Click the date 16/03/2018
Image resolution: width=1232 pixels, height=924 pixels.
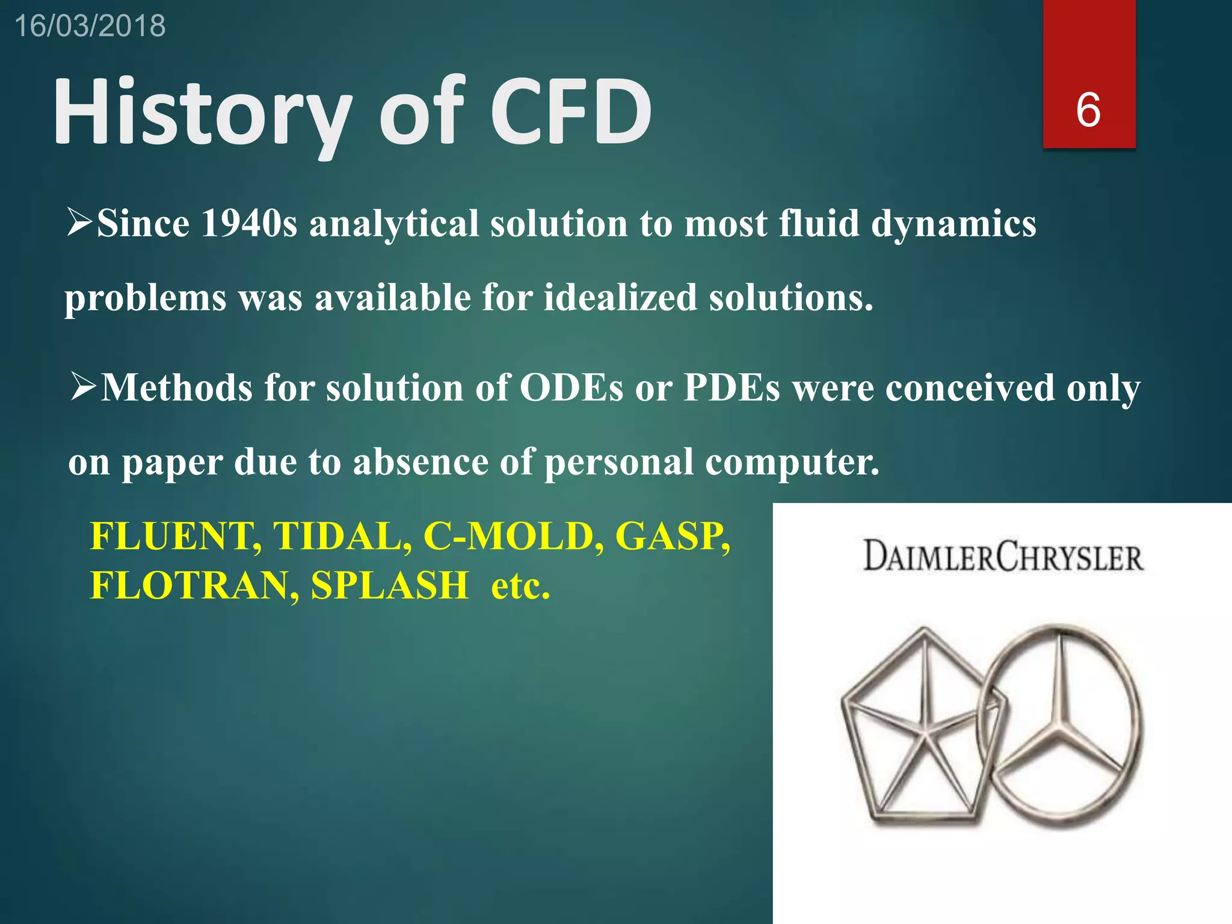tap(90, 26)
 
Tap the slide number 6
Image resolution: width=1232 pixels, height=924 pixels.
tap(1088, 110)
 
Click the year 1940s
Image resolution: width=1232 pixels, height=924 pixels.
tap(248, 224)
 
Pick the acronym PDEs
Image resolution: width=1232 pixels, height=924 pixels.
tap(731, 387)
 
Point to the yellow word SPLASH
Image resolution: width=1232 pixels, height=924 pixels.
tap(389, 585)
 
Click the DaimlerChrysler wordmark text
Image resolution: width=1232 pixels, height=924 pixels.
tap(1003, 556)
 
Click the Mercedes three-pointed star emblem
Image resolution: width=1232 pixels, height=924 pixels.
tap(1060, 725)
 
